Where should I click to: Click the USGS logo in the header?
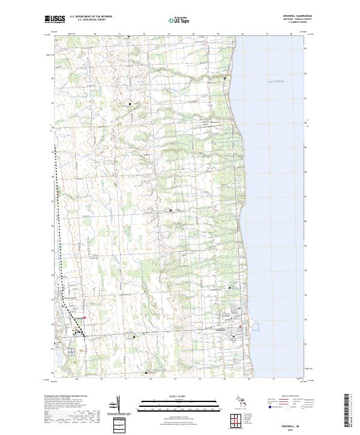click(x=54, y=20)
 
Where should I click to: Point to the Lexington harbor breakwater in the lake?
click(x=256, y=329)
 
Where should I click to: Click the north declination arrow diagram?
click(x=117, y=403)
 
